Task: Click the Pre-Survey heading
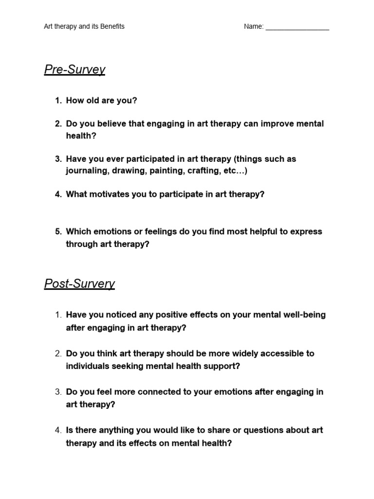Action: click(75, 70)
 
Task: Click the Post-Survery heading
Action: click(79, 284)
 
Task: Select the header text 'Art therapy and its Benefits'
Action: click(84, 26)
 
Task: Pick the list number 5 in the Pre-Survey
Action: click(58, 231)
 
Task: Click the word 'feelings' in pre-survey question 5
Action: click(158, 231)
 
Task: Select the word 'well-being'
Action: click(304, 315)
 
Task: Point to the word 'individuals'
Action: click(87, 366)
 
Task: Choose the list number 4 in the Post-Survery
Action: click(58, 430)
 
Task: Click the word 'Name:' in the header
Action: click(253, 26)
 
